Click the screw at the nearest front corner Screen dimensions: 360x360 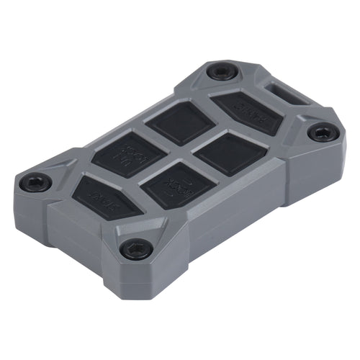(x=135, y=249)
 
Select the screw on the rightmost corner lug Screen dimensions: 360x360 (x=321, y=133)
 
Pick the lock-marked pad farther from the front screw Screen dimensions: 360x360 (x=125, y=154)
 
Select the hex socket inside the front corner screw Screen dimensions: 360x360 (x=135, y=249)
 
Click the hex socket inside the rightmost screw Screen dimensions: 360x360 (x=321, y=133)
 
